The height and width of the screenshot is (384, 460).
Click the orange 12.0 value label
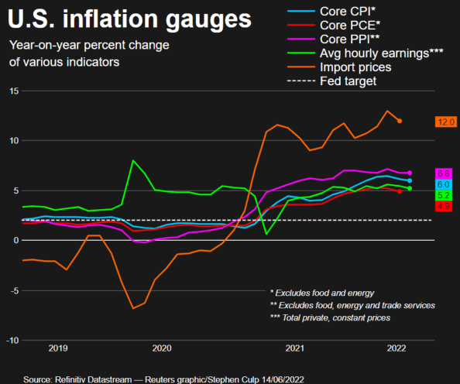(445, 122)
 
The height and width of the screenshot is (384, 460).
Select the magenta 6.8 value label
(445, 173)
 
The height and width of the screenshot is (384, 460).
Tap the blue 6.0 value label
(445, 184)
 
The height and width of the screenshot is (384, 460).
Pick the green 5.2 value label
(445, 196)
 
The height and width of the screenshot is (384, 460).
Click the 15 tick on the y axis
(13, 91)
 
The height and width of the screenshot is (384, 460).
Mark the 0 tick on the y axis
(15, 241)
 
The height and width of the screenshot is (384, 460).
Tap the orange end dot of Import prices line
(400, 121)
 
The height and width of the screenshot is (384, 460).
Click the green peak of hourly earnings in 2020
(134, 161)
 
